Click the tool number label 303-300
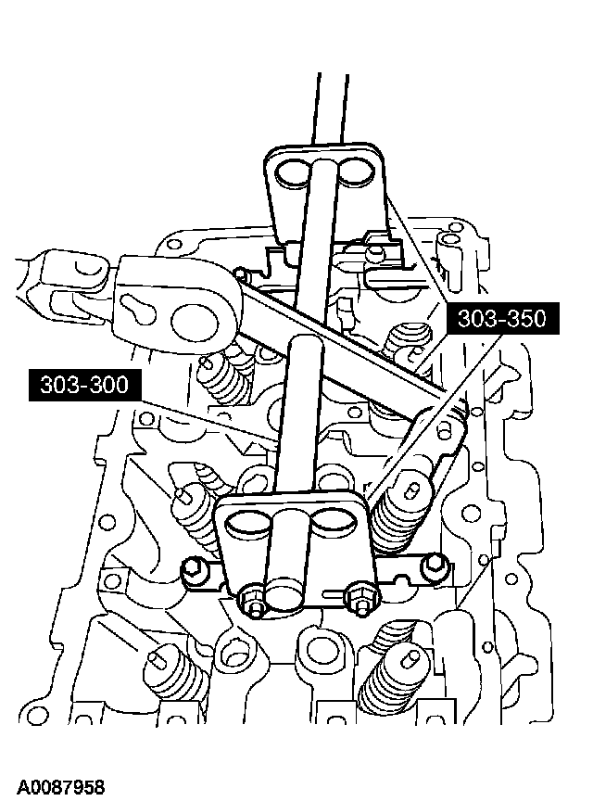84,384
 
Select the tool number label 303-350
502,318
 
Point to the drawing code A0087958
60,787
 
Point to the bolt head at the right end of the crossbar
435,564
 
